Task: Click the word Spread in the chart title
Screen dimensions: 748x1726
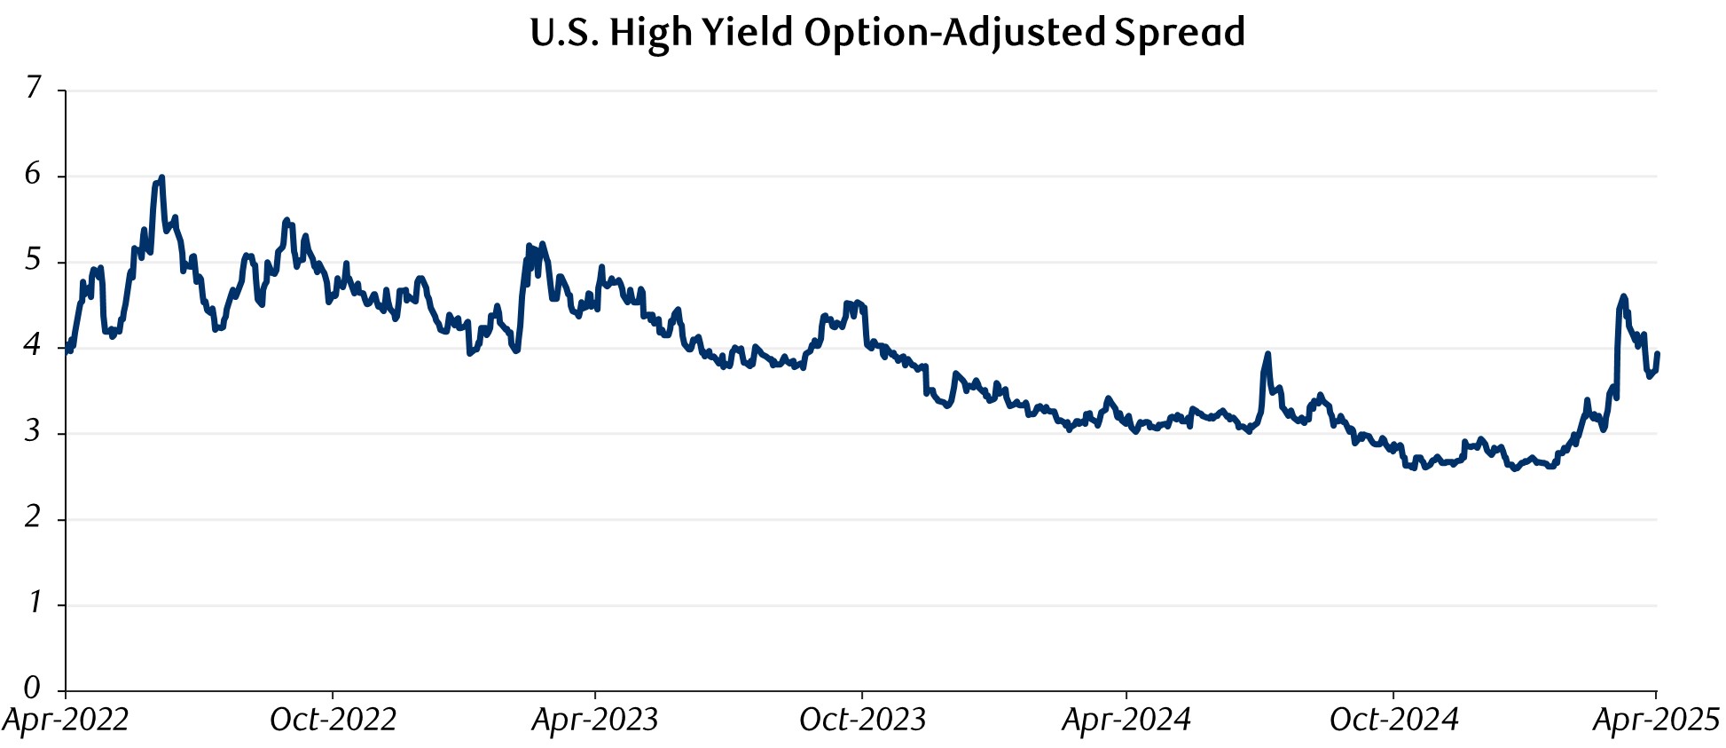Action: [x=1180, y=33]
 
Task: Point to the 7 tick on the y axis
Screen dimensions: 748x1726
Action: [x=34, y=88]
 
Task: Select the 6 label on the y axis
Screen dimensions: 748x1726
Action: [x=33, y=174]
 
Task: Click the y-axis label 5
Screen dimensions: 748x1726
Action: [x=33, y=260]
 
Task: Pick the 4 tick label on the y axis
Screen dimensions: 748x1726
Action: [x=33, y=346]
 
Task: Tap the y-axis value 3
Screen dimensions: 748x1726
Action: [x=33, y=432]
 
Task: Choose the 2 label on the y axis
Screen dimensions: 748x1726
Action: [x=33, y=517]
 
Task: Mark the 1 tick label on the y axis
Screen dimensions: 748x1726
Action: [x=35, y=603]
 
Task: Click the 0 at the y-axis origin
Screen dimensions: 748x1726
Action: [x=33, y=688]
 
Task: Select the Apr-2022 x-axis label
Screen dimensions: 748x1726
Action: [x=66, y=720]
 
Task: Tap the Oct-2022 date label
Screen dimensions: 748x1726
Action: [x=333, y=720]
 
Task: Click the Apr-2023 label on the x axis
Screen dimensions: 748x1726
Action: [x=594, y=720]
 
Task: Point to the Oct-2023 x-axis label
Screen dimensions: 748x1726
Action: [x=862, y=720]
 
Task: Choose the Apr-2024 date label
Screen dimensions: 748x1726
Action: [x=1126, y=720]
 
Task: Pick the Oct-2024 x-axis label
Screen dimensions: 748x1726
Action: [x=1393, y=720]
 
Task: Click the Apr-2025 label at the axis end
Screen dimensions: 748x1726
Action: [x=1655, y=720]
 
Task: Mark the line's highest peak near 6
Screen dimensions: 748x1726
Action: [x=161, y=177]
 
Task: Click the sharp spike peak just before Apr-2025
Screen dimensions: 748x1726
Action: [x=1623, y=296]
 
